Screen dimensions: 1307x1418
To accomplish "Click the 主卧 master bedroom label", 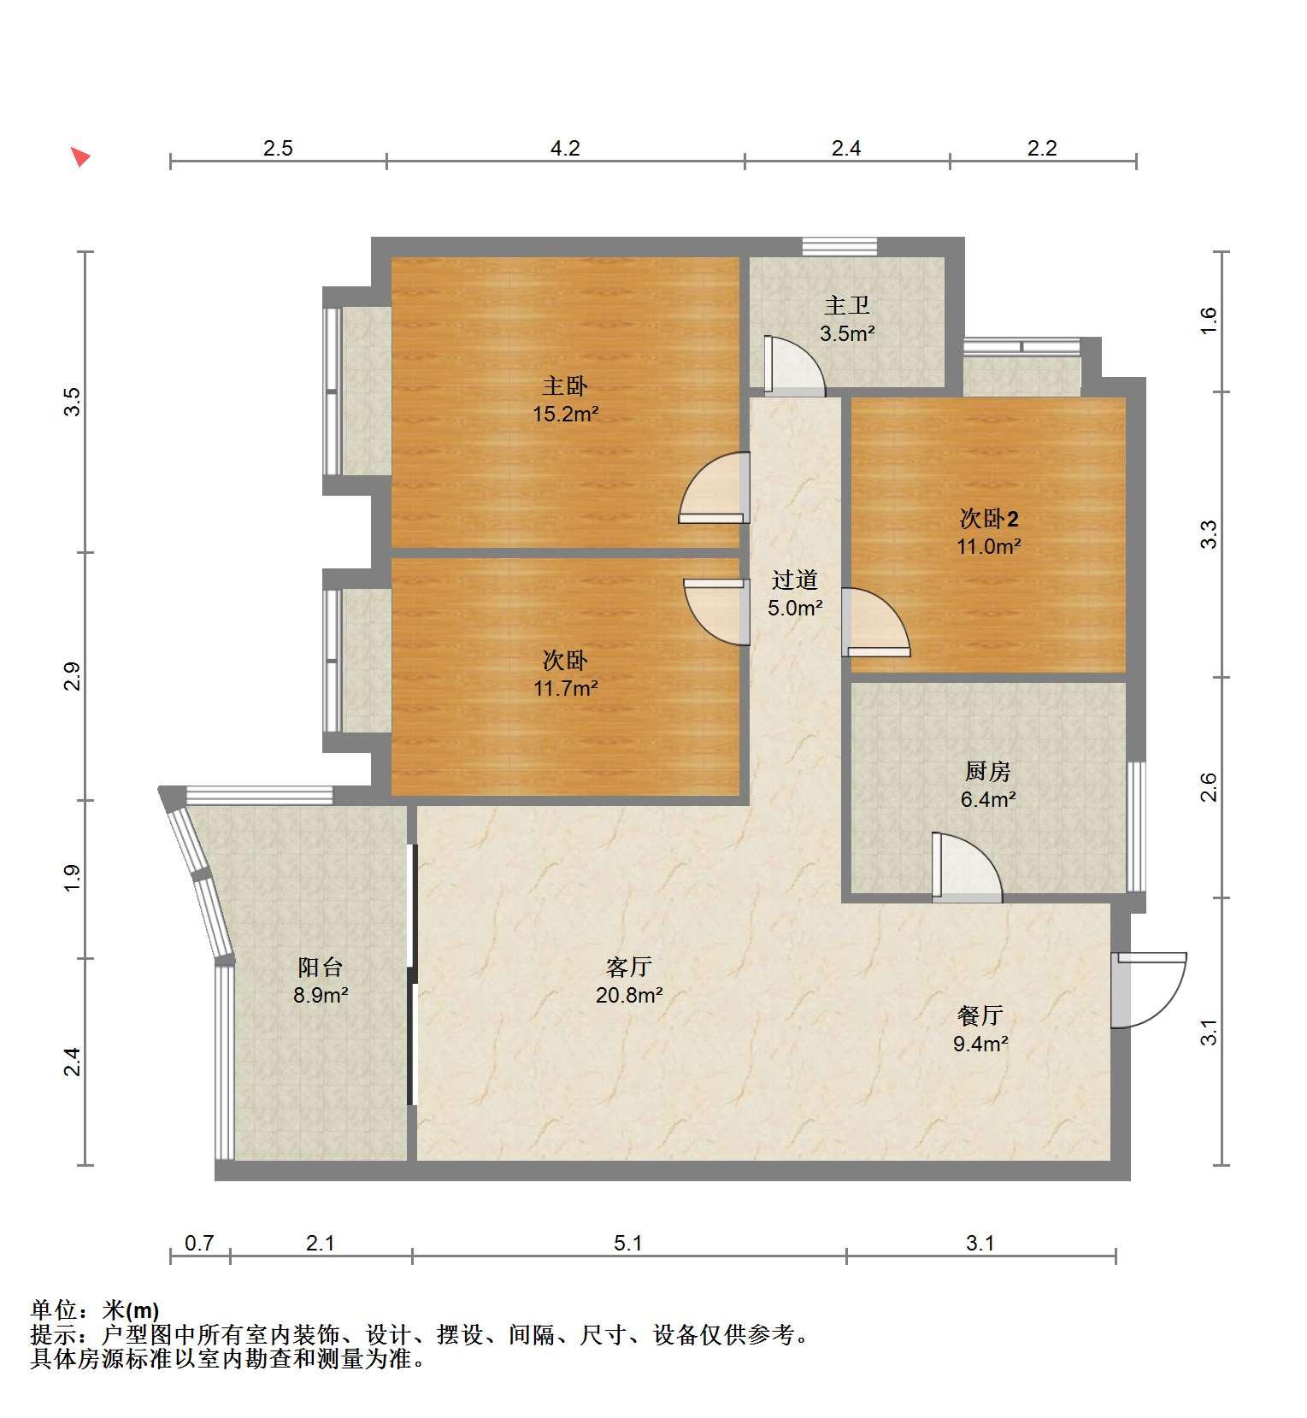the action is tap(565, 386).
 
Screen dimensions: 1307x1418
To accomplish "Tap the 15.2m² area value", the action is tap(565, 415).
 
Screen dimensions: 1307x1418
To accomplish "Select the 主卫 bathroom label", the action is tap(846, 305).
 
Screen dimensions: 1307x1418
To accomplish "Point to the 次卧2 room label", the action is tap(989, 519).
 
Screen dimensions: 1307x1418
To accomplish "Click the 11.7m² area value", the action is tap(565, 688).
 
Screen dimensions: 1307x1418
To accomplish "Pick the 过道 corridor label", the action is tap(795, 580).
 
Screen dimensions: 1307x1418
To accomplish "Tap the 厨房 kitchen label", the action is tap(987, 772).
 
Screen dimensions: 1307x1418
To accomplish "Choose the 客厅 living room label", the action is tap(629, 968).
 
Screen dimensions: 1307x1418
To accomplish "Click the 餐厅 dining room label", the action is tap(980, 1015).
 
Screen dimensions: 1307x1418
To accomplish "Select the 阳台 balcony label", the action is tap(320, 968).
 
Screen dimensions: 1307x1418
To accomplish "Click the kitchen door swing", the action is tap(967, 867).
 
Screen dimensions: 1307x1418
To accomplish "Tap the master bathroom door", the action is tap(795, 366).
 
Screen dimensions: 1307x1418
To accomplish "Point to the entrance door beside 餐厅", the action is tap(1149, 990).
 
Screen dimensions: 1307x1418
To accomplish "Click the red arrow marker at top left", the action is tap(80, 156).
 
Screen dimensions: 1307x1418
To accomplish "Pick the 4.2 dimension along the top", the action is tap(565, 149).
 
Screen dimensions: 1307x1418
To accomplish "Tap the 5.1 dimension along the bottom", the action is tap(628, 1243).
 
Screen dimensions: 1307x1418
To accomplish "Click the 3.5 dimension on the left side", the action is tap(74, 402).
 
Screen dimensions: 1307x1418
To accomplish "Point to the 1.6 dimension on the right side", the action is tap(1208, 321).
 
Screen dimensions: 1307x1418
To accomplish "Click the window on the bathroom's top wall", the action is tap(839, 246).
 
